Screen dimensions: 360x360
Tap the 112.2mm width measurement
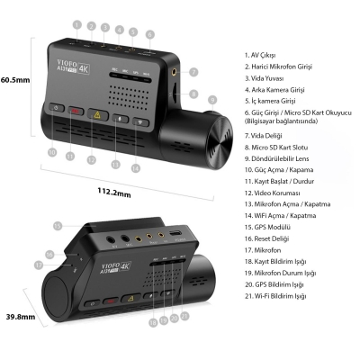(115, 192)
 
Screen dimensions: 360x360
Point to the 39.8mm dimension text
(19, 316)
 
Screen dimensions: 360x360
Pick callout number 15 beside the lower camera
(57, 225)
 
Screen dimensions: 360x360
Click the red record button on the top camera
(76, 113)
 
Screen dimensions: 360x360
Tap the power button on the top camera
(56, 108)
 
